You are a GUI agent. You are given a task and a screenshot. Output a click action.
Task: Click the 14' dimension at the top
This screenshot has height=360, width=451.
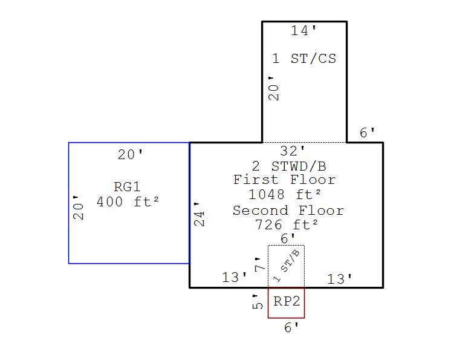[x=303, y=31]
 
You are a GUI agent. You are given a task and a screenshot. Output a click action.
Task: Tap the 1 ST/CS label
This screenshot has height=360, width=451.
[x=303, y=59]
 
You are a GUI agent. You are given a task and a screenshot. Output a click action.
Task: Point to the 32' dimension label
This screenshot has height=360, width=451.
[x=293, y=151]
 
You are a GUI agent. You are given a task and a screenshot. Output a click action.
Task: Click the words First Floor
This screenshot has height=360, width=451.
[x=284, y=180]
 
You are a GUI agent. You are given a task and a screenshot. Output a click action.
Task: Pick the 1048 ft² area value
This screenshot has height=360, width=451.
[x=284, y=195]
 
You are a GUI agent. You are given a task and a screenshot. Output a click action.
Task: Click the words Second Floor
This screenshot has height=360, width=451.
[x=288, y=211]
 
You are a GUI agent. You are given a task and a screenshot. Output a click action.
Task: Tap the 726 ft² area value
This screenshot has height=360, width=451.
[x=287, y=225]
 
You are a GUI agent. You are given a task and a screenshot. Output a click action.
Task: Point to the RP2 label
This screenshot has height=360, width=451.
[x=287, y=301]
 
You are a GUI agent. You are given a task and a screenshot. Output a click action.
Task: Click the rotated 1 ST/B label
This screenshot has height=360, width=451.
[x=287, y=266]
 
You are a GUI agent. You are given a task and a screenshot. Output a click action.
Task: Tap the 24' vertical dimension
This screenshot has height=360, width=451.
[x=200, y=214]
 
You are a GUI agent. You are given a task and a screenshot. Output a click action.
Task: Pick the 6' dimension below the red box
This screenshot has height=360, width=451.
[x=291, y=328]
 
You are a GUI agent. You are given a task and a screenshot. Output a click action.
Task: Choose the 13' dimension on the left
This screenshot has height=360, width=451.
[x=235, y=278]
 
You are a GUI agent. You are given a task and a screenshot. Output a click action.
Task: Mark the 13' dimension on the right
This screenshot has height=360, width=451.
[x=340, y=280]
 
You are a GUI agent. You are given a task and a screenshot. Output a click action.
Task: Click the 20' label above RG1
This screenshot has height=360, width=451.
[x=131, y=155]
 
